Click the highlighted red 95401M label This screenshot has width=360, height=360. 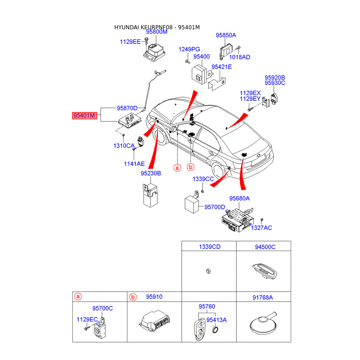point(85,116)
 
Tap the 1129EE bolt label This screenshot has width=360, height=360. point(130,41)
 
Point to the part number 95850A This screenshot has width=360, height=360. point(225,35)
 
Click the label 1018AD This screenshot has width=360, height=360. point(239,57)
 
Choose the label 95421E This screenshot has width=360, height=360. point(221,67)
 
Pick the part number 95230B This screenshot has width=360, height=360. point(150,173)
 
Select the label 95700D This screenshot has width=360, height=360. point(215,207)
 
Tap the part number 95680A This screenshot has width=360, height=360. point(239,198)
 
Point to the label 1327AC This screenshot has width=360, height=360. point(261,228)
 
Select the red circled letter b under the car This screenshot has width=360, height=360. point(190,167)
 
